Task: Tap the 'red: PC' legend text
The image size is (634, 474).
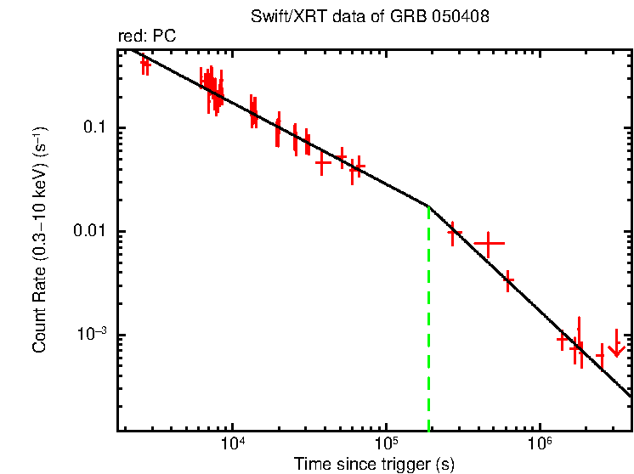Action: pyautogui.click(x=147, y=37)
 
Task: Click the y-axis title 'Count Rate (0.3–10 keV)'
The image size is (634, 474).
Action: pyautogui.click(x=40, y=240)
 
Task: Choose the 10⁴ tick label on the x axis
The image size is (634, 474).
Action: pyautogui.click(x=232, y=445)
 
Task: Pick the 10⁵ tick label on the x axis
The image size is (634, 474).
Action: pyautogui.click(x=386, y=445)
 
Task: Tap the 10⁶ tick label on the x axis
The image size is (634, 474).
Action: pyautogui.click(x=540, y=445)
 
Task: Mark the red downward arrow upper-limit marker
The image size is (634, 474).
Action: pyautogui.click(x=617, y=347)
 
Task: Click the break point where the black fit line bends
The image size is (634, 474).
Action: pyautogui.click(x=428, y=206)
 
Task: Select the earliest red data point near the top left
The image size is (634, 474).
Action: pyautogui.click(x=145, y=64)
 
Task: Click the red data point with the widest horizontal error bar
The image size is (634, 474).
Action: pyautogui.click(x=489, y=243)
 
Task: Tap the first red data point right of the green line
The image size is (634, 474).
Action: pyautogui.click(x=454, y=231)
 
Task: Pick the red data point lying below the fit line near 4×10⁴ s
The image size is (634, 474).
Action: pyautogui.click(x=322, y=161)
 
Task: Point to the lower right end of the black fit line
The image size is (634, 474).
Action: pyautogui.click(x=629, y=395)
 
